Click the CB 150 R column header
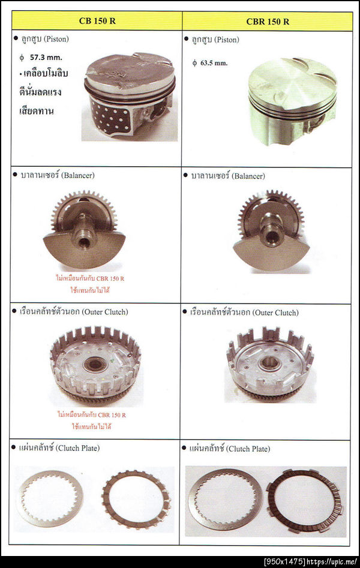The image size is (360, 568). [97, 20]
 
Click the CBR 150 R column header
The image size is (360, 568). [268, 22]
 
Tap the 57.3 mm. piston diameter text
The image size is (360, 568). [46, 57]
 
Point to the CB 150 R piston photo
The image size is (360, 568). [130, 97]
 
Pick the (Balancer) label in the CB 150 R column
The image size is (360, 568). [77, 175]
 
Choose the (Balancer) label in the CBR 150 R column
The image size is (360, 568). [248, 176]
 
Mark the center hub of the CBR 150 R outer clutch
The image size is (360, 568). [269, 362]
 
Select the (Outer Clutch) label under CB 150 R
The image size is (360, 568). [105, 312]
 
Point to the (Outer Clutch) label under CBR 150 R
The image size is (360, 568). [275, 312]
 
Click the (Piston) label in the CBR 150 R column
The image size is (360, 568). [227, 40]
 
